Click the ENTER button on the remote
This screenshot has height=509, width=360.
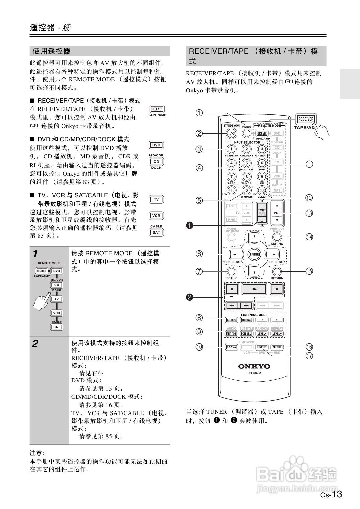[x=254, y=254]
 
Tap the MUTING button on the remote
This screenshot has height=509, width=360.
[x=277, y=237]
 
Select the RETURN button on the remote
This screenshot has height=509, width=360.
[x=277, y=271]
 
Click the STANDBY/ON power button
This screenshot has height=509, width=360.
[x=231, y=133]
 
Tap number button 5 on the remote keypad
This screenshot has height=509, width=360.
[x=246, y=163]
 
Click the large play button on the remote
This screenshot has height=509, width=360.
[x=255, y=289]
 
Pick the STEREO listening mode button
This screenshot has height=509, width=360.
[x=231, y=320]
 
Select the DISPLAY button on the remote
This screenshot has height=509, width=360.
[x=231, y=347]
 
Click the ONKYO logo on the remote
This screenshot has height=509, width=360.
[x=254, y=366]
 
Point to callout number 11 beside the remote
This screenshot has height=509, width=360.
[x=309, y=164]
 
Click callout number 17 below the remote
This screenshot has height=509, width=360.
[x=309, y=356]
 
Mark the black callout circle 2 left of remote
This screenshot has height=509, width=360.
[x=190, y=297]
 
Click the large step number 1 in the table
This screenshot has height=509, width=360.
[x=35, y=253]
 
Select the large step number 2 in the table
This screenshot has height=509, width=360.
[x=35, y=344]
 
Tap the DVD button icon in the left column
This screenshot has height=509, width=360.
[x=156, y=145]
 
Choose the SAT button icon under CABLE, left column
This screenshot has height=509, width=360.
[x=156, y=232]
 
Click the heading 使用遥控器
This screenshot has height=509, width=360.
[x=52, y=51]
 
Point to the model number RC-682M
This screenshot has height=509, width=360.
[x=254, y=373]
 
